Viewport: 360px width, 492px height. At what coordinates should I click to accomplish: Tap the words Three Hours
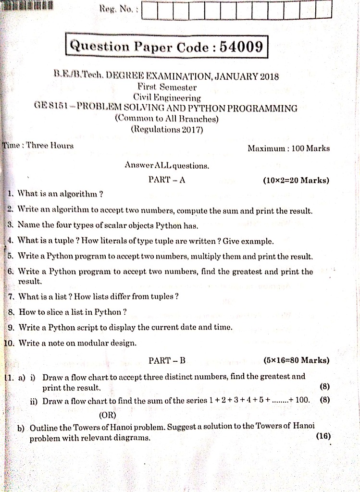(50, 145)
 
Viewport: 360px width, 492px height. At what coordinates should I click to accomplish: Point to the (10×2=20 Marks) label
(296, 181)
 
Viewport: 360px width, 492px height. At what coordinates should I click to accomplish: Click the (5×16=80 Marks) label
(297, 360)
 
